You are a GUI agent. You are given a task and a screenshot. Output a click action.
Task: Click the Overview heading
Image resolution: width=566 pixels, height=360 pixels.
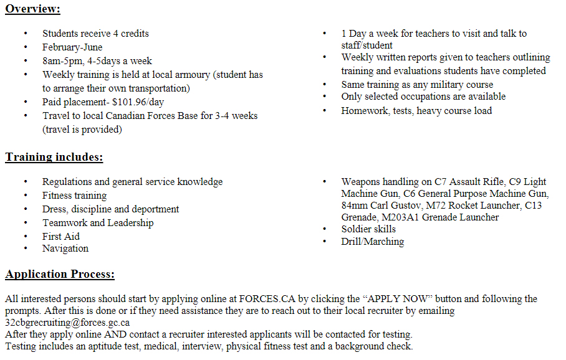[x=32, y=9]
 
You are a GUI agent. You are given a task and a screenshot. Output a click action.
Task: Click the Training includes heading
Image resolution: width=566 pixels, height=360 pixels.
[x=54, y=157]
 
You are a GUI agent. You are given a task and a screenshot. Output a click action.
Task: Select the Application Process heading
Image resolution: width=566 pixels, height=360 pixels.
[x=60, y=274]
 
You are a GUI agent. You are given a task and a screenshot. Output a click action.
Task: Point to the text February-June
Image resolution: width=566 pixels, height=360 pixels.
[x=72, y=47]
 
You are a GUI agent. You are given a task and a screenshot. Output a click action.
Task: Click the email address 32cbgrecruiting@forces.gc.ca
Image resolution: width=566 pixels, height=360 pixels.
[x=67, y=323]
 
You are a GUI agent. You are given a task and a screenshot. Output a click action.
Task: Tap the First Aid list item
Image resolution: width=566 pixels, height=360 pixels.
[x=61, y=237]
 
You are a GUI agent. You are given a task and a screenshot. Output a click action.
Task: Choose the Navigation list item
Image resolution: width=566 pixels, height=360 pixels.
[x=65, y=249]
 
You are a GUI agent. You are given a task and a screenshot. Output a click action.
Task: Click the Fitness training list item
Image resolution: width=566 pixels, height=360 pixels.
[x=74, y=196]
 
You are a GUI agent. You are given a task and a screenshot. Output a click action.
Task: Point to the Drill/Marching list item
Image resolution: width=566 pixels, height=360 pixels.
[x=372, y=242]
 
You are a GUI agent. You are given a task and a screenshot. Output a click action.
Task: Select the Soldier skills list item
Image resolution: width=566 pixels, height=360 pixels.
[x=368, y=229]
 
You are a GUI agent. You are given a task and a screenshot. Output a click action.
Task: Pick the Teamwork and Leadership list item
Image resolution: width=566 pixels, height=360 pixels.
[x=98, y=223]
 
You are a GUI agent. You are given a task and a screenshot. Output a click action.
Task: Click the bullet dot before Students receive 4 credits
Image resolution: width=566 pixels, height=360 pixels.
[x=26, y=34]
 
